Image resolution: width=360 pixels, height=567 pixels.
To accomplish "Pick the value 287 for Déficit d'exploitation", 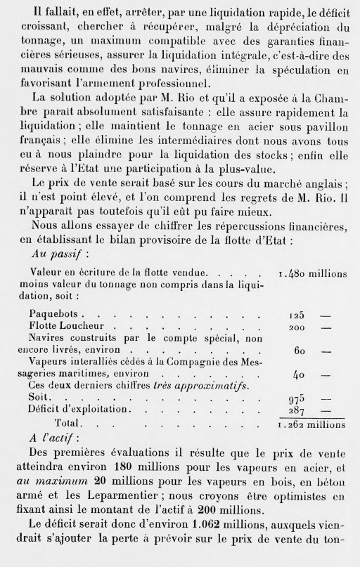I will (299, 409).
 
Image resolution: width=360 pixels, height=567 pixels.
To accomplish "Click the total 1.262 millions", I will (311, 424).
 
